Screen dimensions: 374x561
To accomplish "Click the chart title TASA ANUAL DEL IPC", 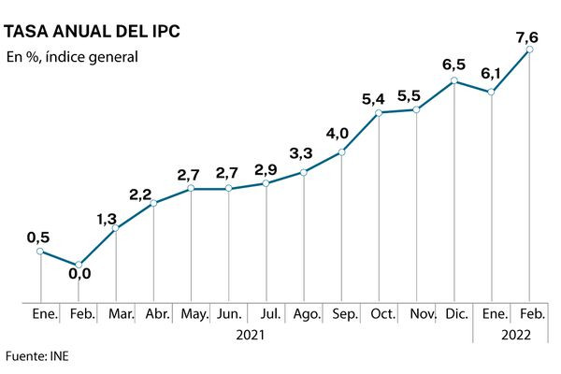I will [x=93, y=31].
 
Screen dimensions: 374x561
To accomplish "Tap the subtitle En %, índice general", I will [x=72, y=57].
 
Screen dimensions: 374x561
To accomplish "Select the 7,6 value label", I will [x=526, y=36].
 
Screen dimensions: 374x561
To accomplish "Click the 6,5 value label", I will [x=454, y=65].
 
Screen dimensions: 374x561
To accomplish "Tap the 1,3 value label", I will [x=107, y=219].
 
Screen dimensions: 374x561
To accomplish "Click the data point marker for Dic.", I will [x=454, y=80].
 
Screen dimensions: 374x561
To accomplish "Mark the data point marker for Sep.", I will [x=341, y=151].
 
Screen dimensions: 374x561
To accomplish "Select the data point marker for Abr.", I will [x=153, y=203].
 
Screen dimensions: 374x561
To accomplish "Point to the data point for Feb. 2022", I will [x=529, y=50].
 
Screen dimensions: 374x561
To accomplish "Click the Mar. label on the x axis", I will [x=120, y=314].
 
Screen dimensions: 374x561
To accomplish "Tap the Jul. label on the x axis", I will [x=268, y=314].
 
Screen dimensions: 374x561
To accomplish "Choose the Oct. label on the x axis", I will [x=381, y=314].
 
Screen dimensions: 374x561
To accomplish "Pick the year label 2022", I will [x=511, y=333].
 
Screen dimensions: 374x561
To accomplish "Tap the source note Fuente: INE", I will [x=37, y=356].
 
